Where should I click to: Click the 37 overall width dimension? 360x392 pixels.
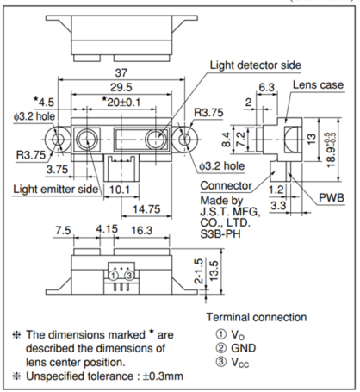[121, 72]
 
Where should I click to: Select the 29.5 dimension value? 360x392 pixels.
[121, 87]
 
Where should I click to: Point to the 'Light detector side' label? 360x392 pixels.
[256, 65]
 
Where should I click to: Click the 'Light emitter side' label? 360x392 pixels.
[56, 190]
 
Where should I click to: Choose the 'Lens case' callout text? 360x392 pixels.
[318, 84]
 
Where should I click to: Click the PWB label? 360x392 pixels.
[332, 198]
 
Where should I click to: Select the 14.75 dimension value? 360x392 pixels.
[146, 209]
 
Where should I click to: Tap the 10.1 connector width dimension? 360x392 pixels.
[120, 190]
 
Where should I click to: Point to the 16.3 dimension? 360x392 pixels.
[142, 230]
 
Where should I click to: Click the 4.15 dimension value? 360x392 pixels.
[107, 229]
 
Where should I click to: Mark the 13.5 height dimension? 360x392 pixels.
[214, 271]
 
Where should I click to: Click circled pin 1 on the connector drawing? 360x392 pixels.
[114, 276]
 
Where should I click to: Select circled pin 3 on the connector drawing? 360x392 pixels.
[129, 276]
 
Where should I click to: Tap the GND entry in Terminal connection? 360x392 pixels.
[243, 348]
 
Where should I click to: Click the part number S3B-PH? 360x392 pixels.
[220, 234]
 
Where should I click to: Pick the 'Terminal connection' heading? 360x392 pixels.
[257, 317]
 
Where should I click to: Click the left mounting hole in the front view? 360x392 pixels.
[58, 140]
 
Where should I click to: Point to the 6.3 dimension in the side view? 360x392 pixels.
[267, 87]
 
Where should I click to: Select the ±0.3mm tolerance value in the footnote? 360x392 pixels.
[163, 376]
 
